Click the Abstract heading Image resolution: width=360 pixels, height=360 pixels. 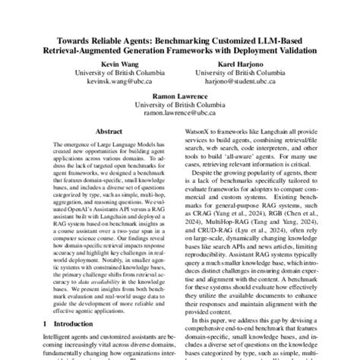coord(105,130)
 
